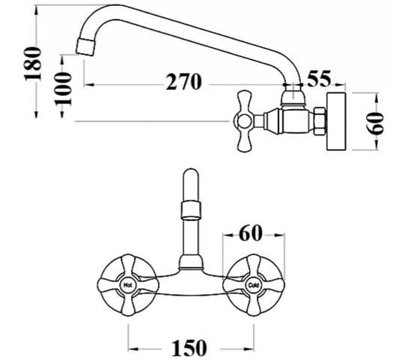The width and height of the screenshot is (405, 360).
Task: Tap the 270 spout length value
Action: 183,82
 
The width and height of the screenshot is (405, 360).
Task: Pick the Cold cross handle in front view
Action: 252,285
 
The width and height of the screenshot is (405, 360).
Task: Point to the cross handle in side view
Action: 248,121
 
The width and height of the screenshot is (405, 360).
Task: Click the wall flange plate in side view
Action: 338,121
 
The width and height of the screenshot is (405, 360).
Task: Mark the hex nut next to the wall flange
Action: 318,121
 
